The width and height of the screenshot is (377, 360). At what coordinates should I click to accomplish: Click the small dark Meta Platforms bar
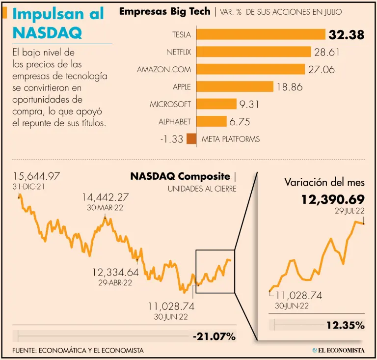pos(191,139)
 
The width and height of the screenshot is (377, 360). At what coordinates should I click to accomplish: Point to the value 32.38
pos(347,35)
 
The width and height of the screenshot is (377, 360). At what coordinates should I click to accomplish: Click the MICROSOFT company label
pos(170,104)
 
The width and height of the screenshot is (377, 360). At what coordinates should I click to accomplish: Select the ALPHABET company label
pos(174,121)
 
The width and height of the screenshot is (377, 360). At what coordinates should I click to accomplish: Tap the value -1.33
pos(171,139)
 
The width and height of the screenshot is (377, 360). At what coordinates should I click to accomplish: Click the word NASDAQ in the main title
pos(47,33)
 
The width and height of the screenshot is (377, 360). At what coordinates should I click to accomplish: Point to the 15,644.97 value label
pos(37,176)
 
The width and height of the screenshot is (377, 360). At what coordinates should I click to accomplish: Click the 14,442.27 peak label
pos(105,197)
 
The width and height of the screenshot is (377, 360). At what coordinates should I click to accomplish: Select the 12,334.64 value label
pos(115,272)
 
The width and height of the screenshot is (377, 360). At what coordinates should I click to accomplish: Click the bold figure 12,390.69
pos(333,199)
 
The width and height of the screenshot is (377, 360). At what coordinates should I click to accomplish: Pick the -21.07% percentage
pos(214,336)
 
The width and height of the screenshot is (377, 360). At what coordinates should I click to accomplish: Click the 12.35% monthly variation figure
pos(345,325)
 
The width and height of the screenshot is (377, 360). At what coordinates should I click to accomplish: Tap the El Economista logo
pos(338,350)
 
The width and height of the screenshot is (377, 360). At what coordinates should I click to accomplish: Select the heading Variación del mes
pos(324,182)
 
